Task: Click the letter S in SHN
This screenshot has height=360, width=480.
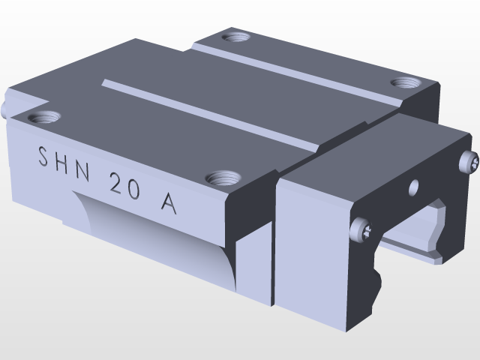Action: pyautogui.click(x=43, y=157)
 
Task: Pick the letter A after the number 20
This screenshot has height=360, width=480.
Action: pyautogui.click(x=168, y=202)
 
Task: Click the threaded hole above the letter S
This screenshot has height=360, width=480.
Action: pyautogui.click(x=43, y=117)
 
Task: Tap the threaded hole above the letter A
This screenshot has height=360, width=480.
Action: pyautogui.click(x=223, y=178)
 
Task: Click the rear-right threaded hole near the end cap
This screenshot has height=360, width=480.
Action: pyautogui.click(x=406, y=82)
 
